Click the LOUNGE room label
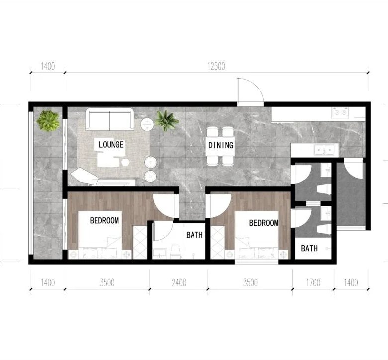[111, 144]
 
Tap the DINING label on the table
[221, 145]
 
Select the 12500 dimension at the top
[216, 66]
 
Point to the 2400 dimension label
[179, 282]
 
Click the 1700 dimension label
[313, 282]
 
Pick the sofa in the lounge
[109, 119]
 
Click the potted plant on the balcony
[48, 121]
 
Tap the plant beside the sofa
[166, 120]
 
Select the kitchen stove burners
[340, 112]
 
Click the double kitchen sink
[324, 150]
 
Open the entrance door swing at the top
[250, 92]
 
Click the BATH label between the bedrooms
[194, 235]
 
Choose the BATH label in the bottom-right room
[309, 248]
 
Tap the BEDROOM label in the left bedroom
[104, 220]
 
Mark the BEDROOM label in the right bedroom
[263, 223]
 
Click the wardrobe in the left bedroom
[140, 242]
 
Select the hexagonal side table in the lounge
[125, 162]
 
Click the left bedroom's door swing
[166, 206]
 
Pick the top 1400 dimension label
[48, 66]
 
